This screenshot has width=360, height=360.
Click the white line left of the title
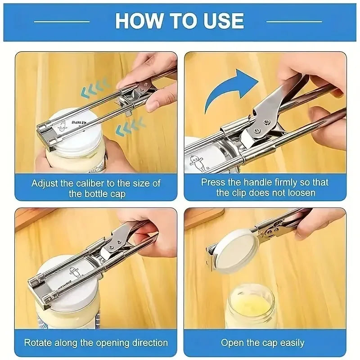click(x=62, y=21)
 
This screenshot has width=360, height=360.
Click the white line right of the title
click(x=294, y=21)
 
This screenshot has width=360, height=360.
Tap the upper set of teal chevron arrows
click(x=95, y=88)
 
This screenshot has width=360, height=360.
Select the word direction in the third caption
click(x=146, y=342)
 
